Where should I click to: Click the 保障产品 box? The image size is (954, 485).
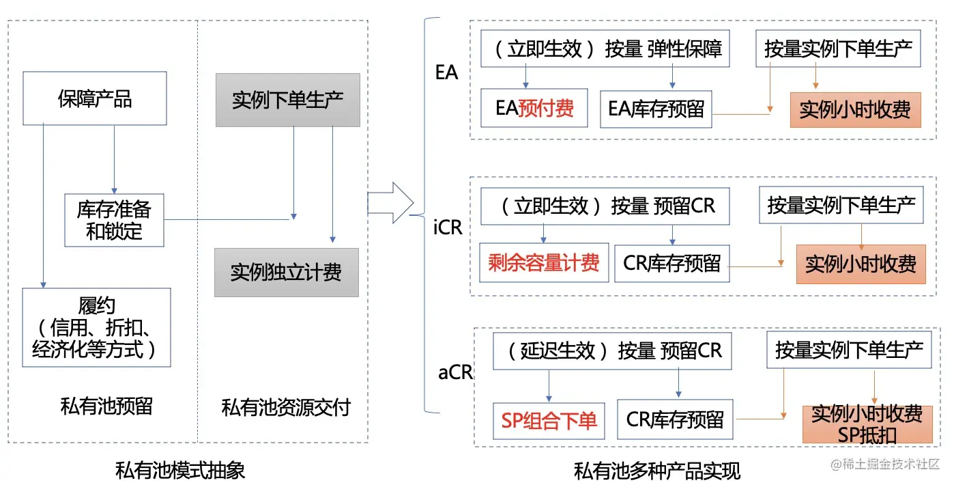94,98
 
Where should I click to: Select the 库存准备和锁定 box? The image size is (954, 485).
114,220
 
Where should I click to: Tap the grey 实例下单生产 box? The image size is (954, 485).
287,100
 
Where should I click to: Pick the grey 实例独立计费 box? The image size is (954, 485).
286,273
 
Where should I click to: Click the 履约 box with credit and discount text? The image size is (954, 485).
96,327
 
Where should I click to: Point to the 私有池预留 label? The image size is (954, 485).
106,406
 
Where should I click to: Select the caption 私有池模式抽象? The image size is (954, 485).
180,470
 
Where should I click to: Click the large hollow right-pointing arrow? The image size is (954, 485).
391,203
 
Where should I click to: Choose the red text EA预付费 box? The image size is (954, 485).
534,108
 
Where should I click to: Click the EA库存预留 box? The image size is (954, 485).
656,109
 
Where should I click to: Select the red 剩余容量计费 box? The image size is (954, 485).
543,262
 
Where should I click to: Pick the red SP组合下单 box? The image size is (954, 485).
549,420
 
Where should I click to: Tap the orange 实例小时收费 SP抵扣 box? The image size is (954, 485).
867,424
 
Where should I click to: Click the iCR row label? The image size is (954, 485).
448,227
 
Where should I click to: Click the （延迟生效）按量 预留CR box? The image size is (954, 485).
614,351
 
